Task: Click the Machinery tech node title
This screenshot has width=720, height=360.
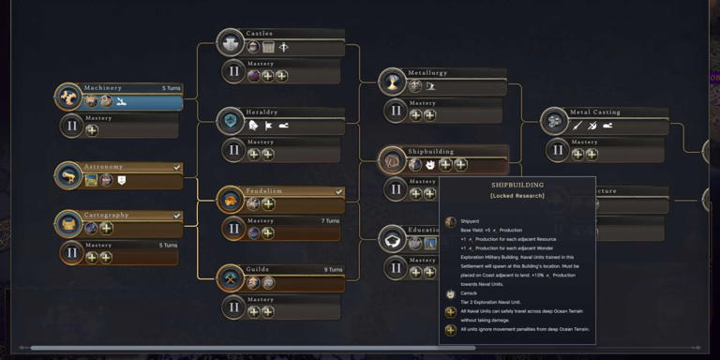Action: click(x=103, y=88)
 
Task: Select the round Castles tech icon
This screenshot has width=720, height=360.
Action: click(x=231, y=42)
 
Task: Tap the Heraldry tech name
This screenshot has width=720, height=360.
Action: click(x=262, y=112)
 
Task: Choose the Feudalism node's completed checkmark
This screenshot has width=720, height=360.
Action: click(x=338, y=191)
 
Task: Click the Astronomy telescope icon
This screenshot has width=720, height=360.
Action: click(x=68, y=175)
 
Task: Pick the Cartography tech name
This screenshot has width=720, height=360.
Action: click(x=106, y=215)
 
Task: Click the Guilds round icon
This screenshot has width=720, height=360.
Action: click(x=231, y=277)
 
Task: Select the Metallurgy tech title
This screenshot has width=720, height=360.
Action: click(x=427, y=73)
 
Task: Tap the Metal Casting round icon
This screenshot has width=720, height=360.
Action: click(x=555, y=121)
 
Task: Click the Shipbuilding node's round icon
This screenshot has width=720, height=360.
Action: click(x=393, y=161)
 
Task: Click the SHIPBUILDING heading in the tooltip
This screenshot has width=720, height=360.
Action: click(x=517, y=186)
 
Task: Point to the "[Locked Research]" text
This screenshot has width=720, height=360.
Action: click(x=517, y=197)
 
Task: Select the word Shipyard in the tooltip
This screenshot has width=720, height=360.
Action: click(x=471, y=221)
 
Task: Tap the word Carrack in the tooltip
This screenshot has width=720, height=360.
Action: click(x=469, y=293)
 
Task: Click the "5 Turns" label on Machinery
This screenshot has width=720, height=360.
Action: click(x=170, y=88)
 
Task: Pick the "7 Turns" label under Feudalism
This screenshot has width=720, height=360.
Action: click(x=330, y=220)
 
